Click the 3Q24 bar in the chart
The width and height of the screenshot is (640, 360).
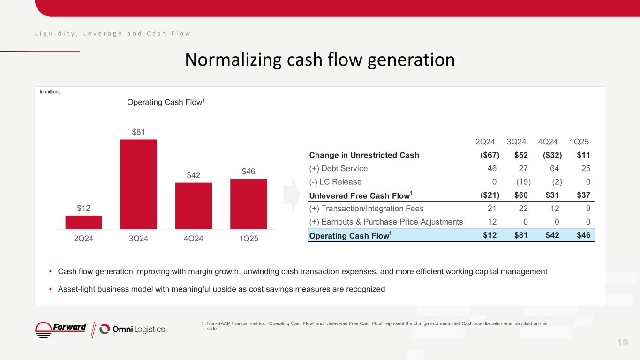click(x=138, y=184)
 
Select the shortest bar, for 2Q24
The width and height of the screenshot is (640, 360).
click(x=83, y=222)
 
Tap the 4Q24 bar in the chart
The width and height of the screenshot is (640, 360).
click(x=193, y=205)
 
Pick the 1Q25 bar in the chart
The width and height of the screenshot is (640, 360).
click(x=248, y=203)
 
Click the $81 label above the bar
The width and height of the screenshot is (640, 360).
click(x=138, y=132)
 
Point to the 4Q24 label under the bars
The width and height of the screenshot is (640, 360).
click(x=193, y=238)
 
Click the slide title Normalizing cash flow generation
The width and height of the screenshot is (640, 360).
click(x=320, y=60)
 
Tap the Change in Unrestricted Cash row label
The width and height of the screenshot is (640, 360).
click(x=364, y=155)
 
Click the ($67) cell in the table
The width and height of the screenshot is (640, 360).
click(x=488, y=155)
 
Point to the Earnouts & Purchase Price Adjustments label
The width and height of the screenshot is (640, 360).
click(x=385, y=221)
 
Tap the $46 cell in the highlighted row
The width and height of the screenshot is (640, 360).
click(x=583, y=235)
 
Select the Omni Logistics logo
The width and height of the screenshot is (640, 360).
click(x=133, y=329)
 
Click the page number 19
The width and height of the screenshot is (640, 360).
click(x=622, y=343)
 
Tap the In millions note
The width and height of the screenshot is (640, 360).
click(x=50, y=92)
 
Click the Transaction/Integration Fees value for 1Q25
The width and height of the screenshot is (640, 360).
click(x=587, y=208)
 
